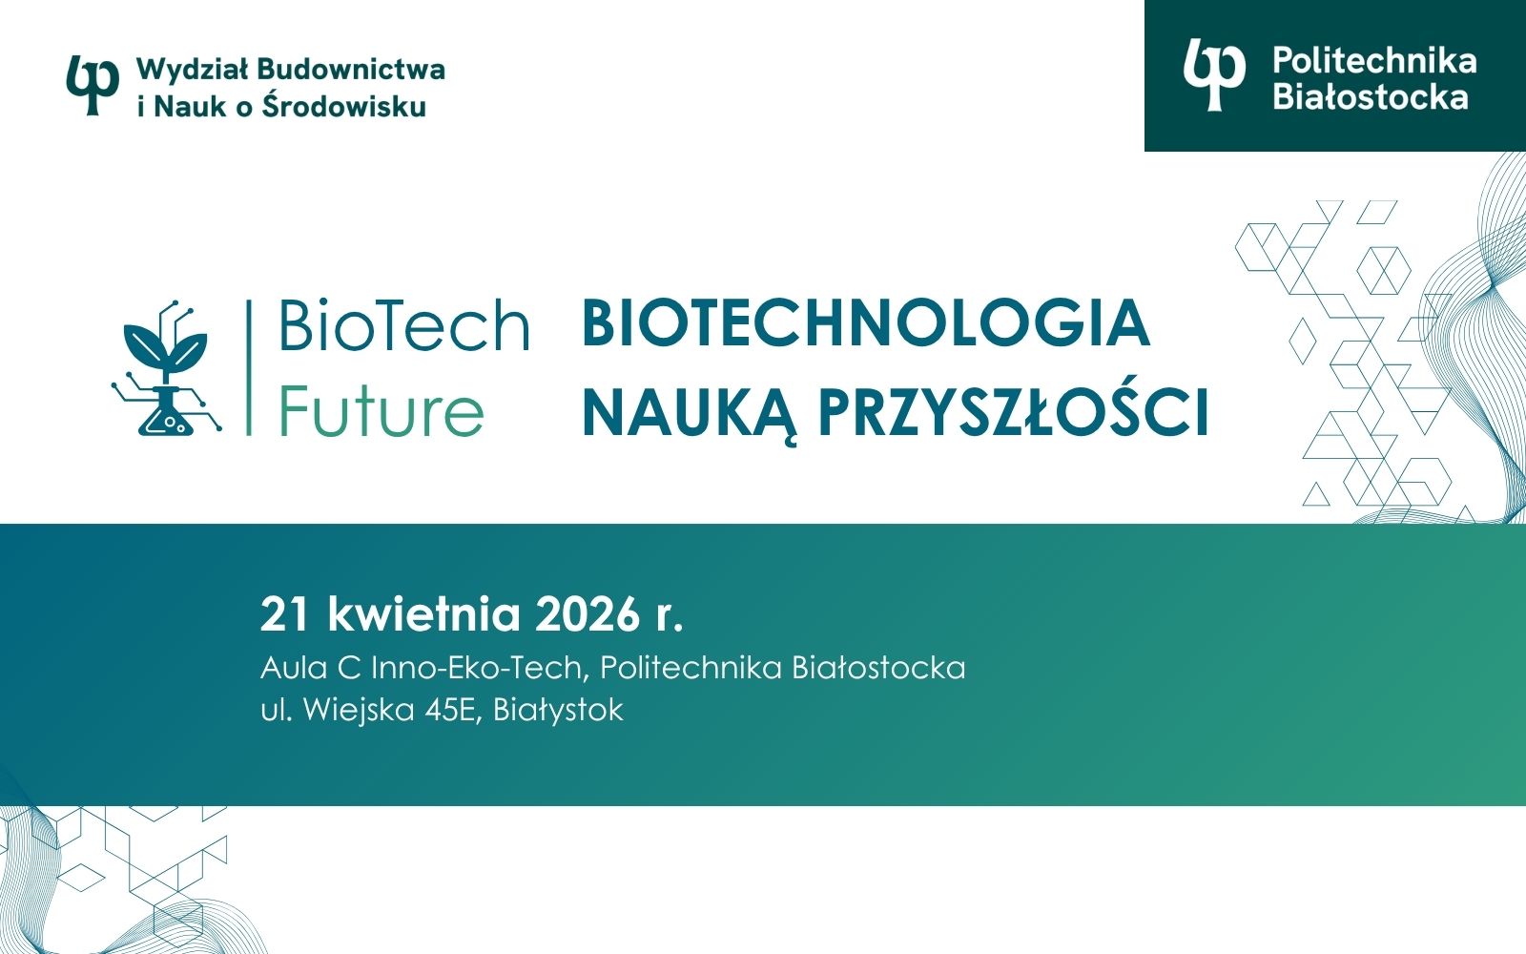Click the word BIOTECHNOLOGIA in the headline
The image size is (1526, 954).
(865, 323)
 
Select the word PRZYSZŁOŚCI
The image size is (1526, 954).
(1014, 412)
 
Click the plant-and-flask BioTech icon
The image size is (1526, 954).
(166, 370)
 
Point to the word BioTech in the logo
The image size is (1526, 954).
(403, 325)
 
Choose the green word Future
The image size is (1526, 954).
(381, 411)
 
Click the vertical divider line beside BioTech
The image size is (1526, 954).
(249, 368)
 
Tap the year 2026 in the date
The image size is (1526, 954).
(587, 614)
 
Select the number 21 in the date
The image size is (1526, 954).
(284, 614)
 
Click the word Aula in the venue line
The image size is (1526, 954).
(294, 667)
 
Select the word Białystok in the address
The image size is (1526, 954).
(558, 710)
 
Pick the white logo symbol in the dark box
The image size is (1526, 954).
(1213, 74)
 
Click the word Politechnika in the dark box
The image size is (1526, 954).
(1374, 61)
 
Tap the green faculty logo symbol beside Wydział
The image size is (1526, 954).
(93, 84)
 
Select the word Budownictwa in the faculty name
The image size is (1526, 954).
(351, 70)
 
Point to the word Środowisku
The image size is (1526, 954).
(343, 106)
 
